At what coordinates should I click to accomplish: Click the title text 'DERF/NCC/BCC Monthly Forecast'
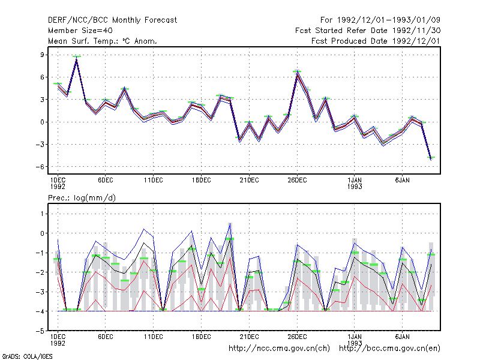coord(112,20)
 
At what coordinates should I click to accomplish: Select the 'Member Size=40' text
coord(80,31)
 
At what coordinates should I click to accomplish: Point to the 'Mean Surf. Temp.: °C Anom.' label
coord(103,41)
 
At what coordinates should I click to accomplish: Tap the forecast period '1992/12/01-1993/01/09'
coord(388,20)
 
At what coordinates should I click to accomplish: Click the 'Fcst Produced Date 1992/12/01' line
coord(376,41)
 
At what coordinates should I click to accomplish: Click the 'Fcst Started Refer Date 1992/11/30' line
coord(368,31)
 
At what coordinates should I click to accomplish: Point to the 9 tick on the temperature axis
coord(42,55)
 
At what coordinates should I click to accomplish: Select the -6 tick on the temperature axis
coord(40,167)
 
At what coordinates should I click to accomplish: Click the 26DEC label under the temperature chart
coord(297,181)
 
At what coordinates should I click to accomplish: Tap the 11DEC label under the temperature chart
coord(154,181)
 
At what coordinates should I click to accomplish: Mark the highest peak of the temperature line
coord(77,59)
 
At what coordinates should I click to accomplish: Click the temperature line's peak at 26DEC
coord(297,74)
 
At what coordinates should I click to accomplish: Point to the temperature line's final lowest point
coord(431,158)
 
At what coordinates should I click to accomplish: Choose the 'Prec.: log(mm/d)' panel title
coord(82,198)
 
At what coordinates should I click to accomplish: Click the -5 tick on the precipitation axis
coord(40,331)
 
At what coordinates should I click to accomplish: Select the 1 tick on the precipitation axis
coord(42,214)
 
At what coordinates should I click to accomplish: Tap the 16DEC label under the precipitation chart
coord(202,337)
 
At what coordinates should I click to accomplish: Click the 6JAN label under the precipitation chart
coord(402,337)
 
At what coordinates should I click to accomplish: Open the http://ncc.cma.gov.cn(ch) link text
coord(279,349)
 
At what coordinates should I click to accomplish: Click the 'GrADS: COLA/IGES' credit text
coord(27,356)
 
